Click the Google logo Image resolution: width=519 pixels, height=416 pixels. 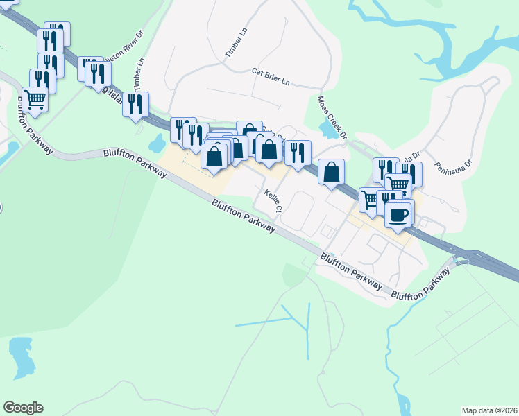coord(23,408)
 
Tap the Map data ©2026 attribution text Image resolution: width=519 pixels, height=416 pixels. coord(489,410)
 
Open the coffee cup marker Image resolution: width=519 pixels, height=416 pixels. coord(397,215)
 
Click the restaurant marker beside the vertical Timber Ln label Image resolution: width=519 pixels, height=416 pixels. coord(135,104)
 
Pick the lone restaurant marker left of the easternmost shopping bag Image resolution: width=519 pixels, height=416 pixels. coord(298,153)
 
